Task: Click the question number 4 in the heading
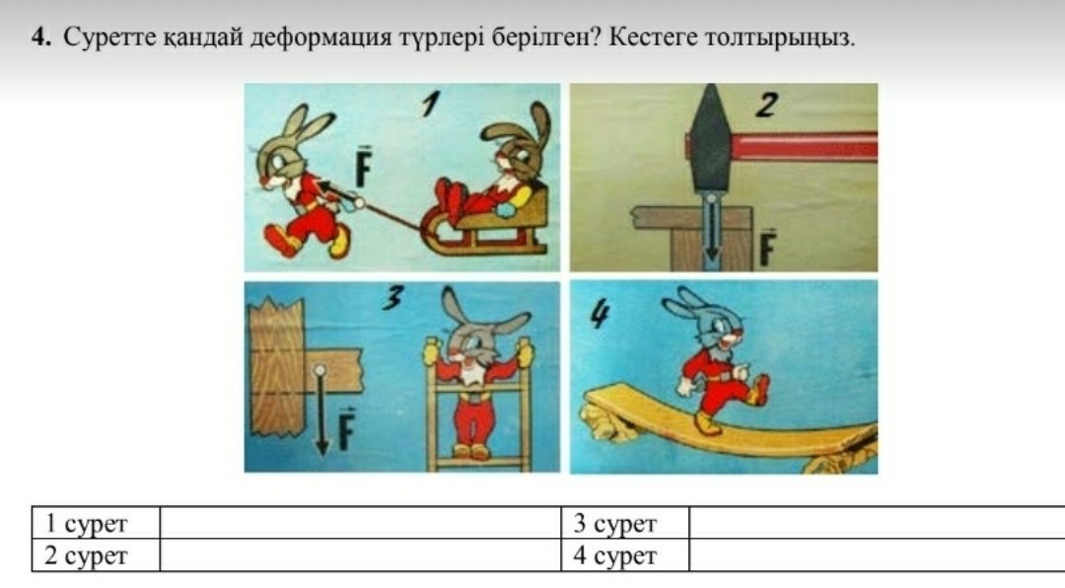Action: (x=41, y=37)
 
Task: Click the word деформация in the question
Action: (x=320, y=37)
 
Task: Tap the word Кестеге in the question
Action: (x=653, y=37)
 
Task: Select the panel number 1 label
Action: (x=430, y=104)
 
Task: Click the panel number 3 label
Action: (x=392, y=297)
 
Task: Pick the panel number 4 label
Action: (x=599, y=314)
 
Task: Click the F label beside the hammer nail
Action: (x=767, y=247)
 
